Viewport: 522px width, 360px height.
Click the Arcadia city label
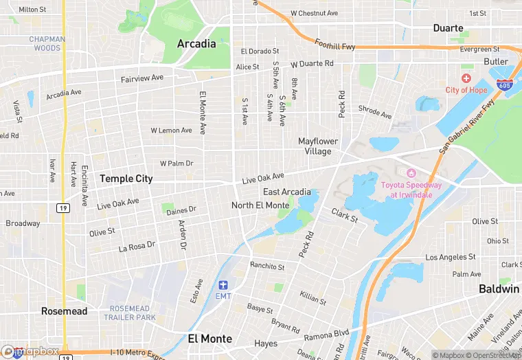click(x=196, y=44)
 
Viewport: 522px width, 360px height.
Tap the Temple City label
click(x=126, y=178)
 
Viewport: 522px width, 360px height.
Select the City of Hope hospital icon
click(x=467, y=80)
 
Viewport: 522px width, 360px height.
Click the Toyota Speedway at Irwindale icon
click(x=412, y=172)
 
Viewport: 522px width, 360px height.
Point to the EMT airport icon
click(x=223, y=285)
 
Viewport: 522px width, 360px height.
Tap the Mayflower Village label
click(x=319, y=146)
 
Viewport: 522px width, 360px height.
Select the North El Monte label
click(x=260, y=205)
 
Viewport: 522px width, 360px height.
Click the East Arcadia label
click(x=286, y=192)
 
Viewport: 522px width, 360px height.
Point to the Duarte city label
click(x=450, y=28)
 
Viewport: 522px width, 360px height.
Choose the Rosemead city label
click(x=64, y=311)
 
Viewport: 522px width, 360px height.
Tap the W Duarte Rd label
click(x=312, y=64)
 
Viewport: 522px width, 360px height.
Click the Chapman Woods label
click(x=47, y=43)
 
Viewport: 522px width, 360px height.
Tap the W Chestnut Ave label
click(x=314, y=13)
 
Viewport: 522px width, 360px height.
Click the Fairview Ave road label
click(x=142, y=78)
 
